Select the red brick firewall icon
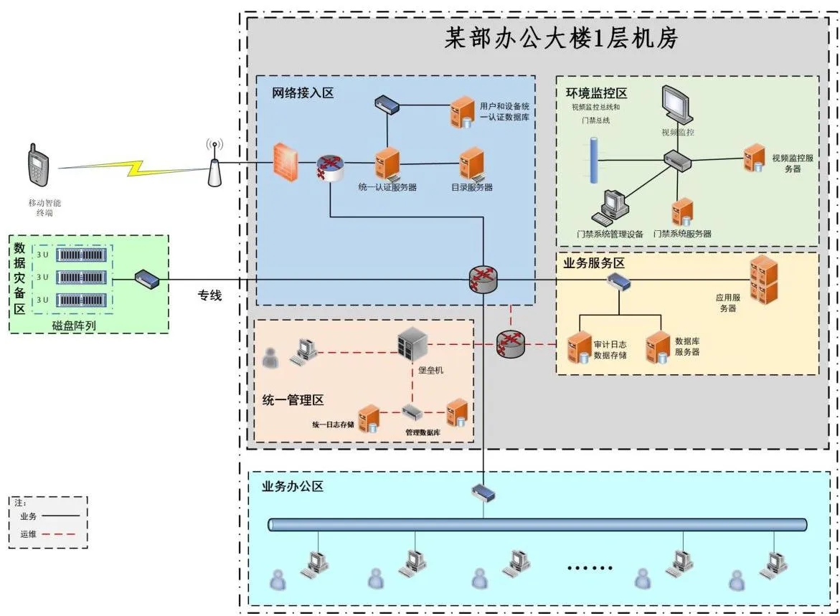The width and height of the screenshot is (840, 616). [x=285, y=162]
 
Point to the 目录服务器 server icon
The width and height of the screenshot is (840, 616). [x=471, y=164]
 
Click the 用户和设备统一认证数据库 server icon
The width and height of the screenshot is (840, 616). [x=462, y=112]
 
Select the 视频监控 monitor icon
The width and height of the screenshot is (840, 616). [x=676, y=105]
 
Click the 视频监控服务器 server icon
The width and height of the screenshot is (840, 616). [x=754, y=158]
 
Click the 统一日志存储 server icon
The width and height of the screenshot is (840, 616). [x=369, y=419]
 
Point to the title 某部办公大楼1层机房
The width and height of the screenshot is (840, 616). [x=562, y=38]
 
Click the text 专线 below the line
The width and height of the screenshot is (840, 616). [x=209, y=295]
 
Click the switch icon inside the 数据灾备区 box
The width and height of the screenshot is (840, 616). [x=147, y=278]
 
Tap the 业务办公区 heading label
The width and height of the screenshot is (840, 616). [x=293, y=486]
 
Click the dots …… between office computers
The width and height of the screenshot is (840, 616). [x=590, y=568]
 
